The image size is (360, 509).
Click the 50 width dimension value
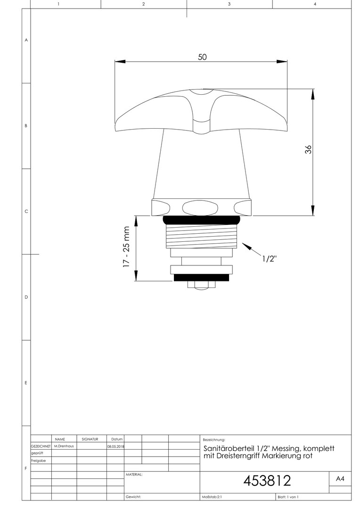tap(202, 57)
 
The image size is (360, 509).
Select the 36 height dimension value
tap(308, 149)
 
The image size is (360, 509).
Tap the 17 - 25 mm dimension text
tap(126, 246)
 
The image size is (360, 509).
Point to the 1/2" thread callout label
tap(269, 258)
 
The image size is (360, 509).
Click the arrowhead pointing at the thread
tap(246, 246)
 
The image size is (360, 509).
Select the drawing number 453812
tap(267, 481)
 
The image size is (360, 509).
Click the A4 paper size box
tap(340, 478)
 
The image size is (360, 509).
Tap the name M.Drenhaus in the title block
tap(64, 446)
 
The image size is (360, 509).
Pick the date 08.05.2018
tap(115, 446)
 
